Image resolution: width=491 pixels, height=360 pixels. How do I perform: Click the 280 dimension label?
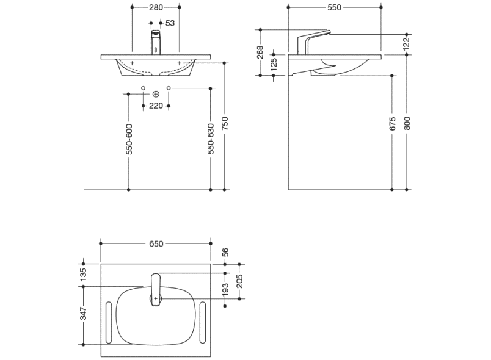point(156,7)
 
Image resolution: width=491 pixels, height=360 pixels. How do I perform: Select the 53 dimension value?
point(170,23)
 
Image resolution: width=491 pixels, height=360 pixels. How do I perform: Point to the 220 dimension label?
point(156,106)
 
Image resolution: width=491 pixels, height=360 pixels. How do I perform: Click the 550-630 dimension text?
point(211,140)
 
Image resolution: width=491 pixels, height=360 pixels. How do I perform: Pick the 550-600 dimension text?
point(129,140)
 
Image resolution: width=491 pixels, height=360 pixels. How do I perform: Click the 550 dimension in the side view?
point(334,7)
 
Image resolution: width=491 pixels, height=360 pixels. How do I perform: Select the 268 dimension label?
point(260,52)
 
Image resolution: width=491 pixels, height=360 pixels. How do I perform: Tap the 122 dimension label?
point(406,44)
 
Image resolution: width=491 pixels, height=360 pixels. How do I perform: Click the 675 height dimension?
point(392,124)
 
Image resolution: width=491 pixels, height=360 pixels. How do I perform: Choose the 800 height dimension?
point(407,124)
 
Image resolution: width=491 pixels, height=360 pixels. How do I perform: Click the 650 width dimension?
point(156,243)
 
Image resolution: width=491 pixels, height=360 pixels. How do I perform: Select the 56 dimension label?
point(225,251)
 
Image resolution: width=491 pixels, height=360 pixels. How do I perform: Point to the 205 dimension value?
point(239,281)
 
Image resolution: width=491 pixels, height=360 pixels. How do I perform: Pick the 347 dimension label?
point(83,314)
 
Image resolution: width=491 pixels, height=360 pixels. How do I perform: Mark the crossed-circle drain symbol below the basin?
point(156,94)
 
